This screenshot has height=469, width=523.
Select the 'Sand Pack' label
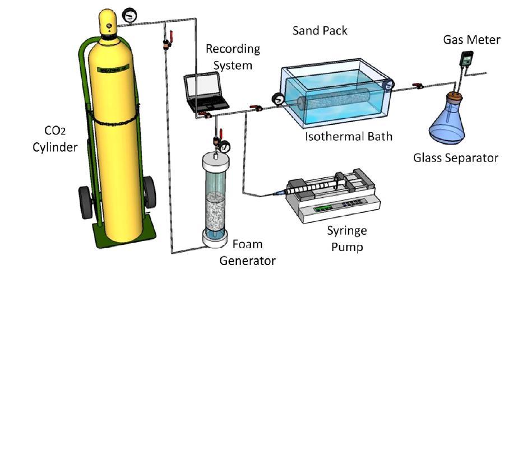point(320,30)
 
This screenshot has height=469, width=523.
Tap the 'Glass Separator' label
point(455,158)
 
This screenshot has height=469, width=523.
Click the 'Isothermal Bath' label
point(348,136)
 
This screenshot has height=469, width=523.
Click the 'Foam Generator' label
point(247,253)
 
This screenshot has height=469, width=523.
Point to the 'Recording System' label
point(233,57)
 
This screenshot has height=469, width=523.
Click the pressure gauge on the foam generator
point(225,147)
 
